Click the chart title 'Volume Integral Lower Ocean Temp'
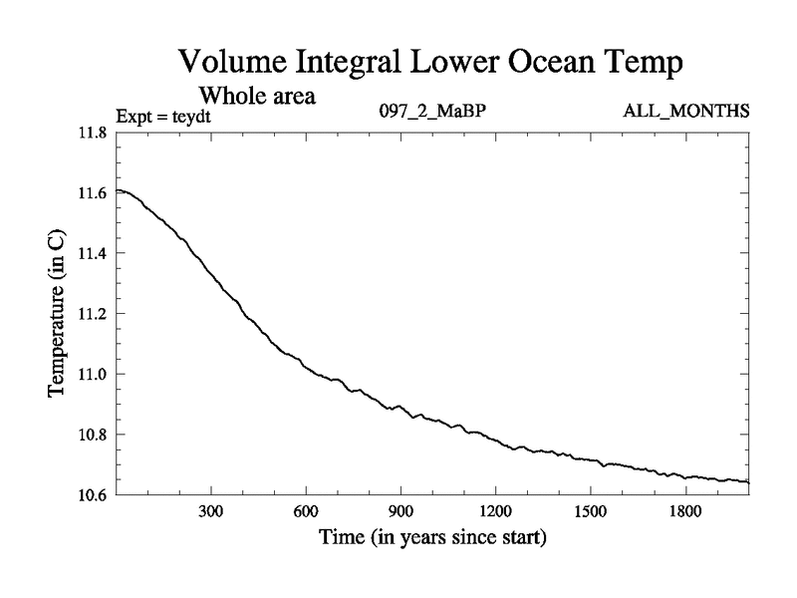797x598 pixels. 429,63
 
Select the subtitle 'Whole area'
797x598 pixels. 258,97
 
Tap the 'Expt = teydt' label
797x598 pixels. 164,116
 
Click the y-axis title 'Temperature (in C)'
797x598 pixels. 59,313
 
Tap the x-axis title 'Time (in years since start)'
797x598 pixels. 432,539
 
